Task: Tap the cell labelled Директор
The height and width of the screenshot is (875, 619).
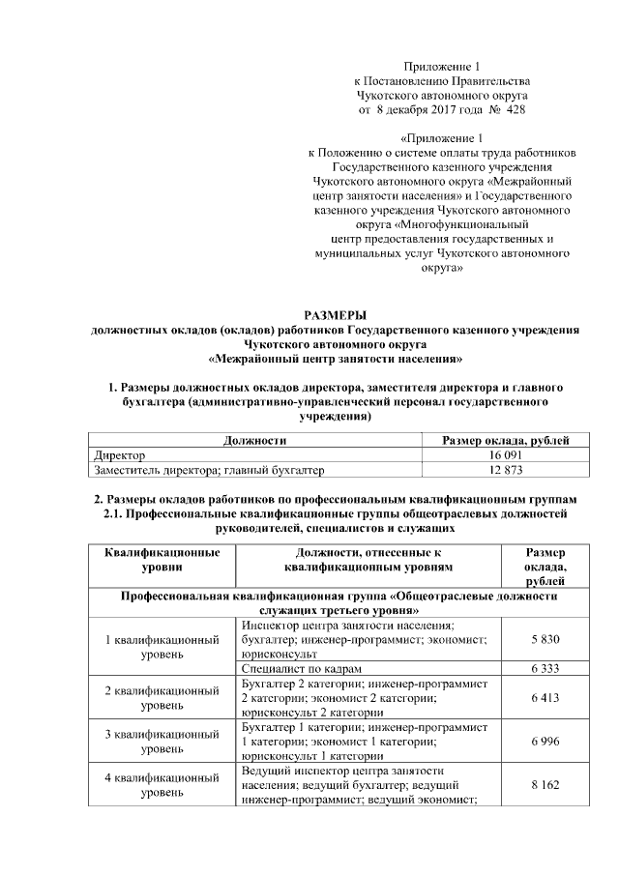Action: click(x=119, y=454)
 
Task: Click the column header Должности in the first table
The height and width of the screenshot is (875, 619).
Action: click(x=254, y=440)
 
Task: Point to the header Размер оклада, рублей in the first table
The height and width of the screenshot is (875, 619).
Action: click(x=505, y=440)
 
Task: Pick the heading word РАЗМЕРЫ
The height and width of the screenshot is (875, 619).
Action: click(x=335, y=315)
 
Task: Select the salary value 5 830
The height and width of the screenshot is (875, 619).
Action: click(x=545, y=641)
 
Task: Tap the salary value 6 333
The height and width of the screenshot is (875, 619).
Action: click(x=545, y=669)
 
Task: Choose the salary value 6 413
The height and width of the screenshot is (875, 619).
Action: click(x=545, y=698)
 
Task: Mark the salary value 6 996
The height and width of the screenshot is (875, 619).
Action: click(x=545, y=740)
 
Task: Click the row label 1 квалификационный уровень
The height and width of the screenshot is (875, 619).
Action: click(x=161, y=648)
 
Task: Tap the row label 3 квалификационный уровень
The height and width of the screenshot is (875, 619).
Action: click(x=161, y=741)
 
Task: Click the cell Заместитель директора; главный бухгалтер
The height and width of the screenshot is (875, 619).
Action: click(x=208, y=470)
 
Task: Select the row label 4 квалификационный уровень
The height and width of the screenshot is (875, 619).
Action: click(x=161, y=785)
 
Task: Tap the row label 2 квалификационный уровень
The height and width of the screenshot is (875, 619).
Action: click(x=161, y=698)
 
